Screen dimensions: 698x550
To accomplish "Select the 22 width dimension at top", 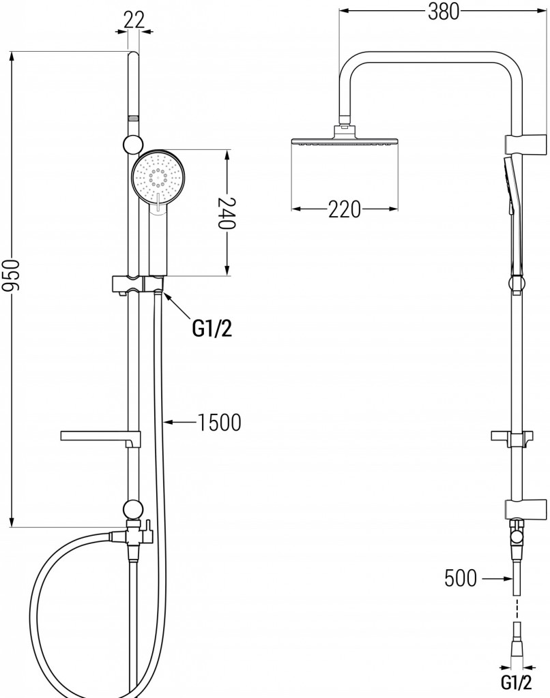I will tap(134, 19).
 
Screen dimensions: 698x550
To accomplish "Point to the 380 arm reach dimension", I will tap(444, 12).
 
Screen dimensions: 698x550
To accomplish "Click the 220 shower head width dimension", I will tap(344, 210).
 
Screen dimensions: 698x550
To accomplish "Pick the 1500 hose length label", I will tap(219, 423).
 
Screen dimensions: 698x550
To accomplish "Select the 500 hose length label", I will tap(461, 579).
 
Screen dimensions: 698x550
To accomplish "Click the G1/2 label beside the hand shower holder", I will tap(212, 330).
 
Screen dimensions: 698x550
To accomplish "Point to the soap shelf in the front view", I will tap(96, 437).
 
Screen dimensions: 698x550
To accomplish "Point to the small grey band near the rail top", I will tap(132, 118).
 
